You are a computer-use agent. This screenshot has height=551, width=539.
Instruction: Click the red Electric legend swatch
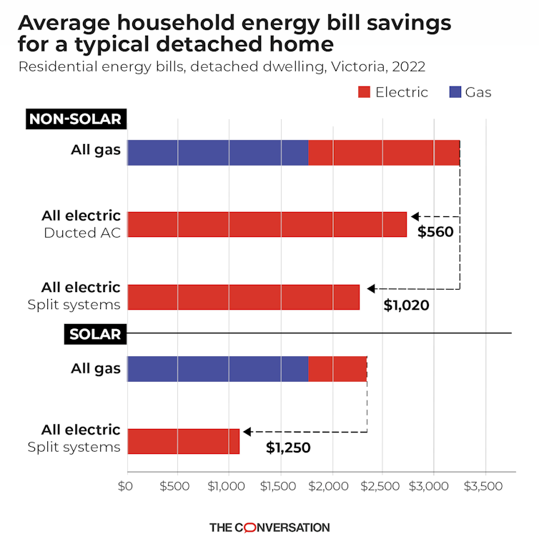click(363, 92)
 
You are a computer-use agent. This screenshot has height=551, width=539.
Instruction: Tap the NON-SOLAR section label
click(76, 119)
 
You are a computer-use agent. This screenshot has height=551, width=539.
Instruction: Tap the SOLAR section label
click(95, 334)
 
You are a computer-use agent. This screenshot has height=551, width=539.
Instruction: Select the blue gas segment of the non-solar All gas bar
click(217, 153)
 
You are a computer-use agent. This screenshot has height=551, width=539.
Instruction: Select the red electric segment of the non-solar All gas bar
click(383, 153)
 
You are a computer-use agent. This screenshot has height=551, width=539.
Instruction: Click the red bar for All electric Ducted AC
click(267, 224)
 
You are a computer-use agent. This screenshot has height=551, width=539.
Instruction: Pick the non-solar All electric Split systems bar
click(243, 297)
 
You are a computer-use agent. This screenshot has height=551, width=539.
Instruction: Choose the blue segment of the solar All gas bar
click(217, 369)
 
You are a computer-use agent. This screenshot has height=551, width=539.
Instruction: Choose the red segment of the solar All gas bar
click(337, 369)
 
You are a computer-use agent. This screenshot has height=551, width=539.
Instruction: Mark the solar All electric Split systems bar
click(183, 441)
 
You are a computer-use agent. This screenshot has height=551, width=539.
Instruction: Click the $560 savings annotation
click(435, 232)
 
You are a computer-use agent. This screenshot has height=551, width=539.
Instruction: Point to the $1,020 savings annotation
click(406, 305)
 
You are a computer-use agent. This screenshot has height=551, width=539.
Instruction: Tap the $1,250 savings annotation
click(288, 448)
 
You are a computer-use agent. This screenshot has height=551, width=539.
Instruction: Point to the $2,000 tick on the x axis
click(331, 486)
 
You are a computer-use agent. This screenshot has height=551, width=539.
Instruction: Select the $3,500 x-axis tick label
click(485, 486)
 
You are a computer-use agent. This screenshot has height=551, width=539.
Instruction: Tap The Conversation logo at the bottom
click(269, 527)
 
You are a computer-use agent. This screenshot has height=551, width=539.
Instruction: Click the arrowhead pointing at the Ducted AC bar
click(415, 216)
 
